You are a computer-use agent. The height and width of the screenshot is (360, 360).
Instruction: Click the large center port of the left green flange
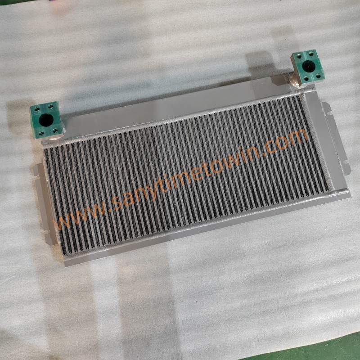point(46,120)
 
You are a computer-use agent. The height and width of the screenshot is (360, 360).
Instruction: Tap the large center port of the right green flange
point(308,66)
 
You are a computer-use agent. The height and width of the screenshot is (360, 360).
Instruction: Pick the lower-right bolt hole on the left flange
point(55,130)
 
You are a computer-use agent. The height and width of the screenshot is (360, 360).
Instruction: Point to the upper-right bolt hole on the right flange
point(311,54)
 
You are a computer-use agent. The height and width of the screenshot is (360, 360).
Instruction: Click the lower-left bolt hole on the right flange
point(306,79)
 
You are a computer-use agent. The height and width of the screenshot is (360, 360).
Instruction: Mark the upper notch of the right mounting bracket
point(329,113)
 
